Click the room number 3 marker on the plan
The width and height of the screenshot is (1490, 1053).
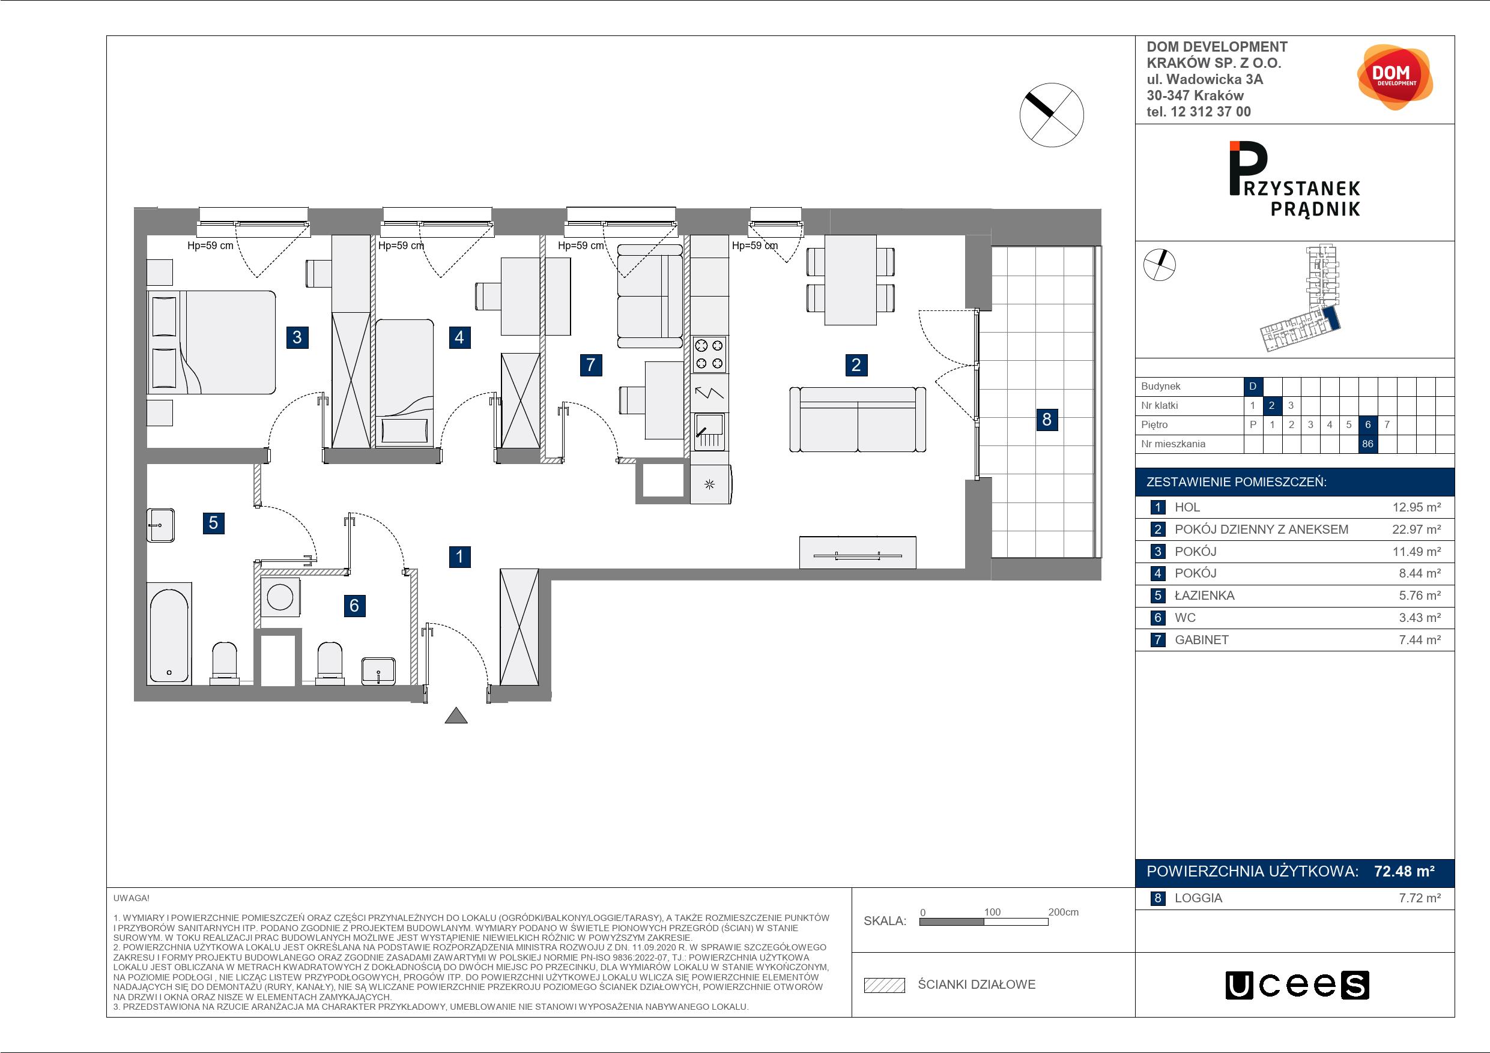point(297,337)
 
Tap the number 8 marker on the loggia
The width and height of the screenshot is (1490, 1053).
point(1046,420)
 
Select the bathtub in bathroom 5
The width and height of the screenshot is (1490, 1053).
point(169,633)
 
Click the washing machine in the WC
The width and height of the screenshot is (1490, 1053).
point(280,597)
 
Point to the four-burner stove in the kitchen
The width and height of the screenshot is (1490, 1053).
point(709,354)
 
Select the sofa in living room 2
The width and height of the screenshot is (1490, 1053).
point(857,419)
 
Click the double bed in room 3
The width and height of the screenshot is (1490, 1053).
point(211,342)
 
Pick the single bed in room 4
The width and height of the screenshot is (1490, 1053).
point(404,383)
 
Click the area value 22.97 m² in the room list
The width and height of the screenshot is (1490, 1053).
point(1417,530)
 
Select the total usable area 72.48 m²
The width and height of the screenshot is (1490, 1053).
point(1404,870)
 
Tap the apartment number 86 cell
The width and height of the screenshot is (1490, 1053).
point(1367,444)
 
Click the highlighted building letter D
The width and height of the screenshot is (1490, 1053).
point(1253,386)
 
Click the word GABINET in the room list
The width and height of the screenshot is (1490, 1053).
point(1201,640)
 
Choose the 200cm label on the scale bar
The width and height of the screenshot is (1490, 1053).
point(1063,911)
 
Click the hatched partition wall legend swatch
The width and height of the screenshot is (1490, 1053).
point(884,985)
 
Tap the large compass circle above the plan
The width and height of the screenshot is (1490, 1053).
point(1052,115)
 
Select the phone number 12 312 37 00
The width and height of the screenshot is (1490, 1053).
point(1210,112)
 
